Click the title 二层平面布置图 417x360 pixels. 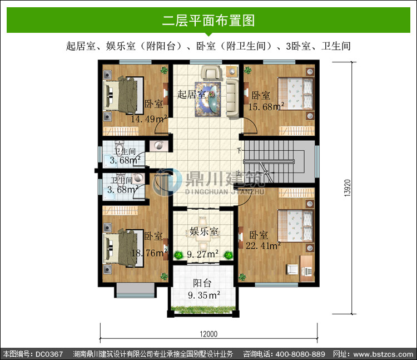tap(209, 21)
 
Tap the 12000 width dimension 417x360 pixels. tap(209, 334)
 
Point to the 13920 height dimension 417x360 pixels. tap(348, 188)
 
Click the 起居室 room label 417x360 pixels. tap(191, 94)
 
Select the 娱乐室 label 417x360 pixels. tap(204, 231)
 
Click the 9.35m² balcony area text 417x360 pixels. tap(203, 295)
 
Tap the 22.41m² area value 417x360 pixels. tap(263, 245)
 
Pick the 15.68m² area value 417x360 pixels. tap(266, 106)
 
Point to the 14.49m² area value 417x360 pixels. tap(148, 119)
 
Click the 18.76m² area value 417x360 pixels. tap(150, 253)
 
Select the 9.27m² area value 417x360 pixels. tap(202, 254)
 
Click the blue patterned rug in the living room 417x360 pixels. tap(208, 99)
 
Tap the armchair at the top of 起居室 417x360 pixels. tap(211, 73)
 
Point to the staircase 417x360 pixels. tap(279, 161)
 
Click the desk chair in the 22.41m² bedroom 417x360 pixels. tap(292, 269)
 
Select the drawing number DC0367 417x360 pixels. tap(49, 354)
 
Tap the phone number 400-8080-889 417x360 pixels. tap(300, 354)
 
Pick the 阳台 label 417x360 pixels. tap(202, 283)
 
